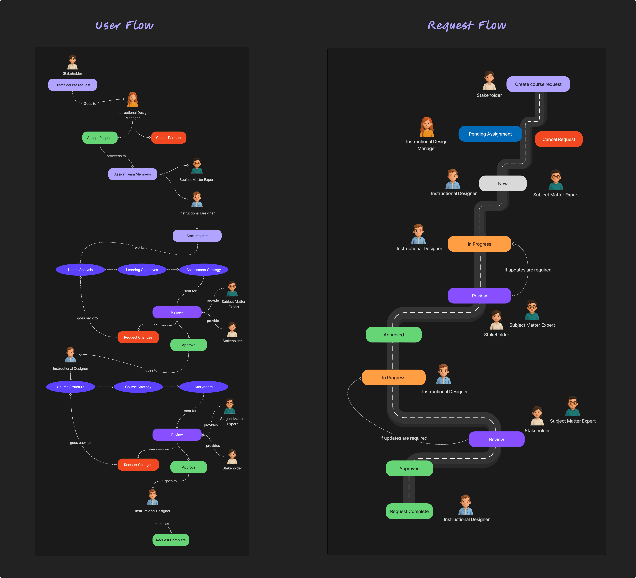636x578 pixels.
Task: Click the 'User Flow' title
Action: click(125, 25)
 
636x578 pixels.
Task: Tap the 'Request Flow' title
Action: click(467, 25)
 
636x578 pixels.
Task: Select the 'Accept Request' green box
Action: click(100, 138)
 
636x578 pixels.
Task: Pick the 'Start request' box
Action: click(197, 236)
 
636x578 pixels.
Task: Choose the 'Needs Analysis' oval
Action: click(80, 270)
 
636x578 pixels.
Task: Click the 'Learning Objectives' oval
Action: click(142, 270)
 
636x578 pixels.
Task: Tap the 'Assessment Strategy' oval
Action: click(203, 270)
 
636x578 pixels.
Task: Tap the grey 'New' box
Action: click(503, 183)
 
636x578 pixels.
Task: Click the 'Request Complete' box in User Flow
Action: click(171, 540)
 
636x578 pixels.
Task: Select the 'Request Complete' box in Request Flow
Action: click(409, 511)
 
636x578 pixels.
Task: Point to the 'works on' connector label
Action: click(142, 248)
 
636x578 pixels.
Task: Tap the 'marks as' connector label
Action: click(161, 524)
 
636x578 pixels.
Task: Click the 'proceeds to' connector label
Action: click(116, 156)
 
